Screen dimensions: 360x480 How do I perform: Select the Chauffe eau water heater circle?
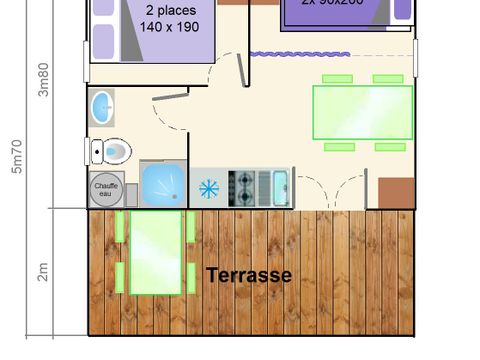pos(105,187)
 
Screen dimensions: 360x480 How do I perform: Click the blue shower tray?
pos(162,186)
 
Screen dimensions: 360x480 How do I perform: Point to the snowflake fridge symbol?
pos(209,187)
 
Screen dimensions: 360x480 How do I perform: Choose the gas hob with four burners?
pos(244,186)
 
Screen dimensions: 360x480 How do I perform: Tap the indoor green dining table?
pos(362,112)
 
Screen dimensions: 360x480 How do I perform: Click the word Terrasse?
pos(249,274)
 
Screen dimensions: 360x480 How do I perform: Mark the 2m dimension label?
pos(43,270)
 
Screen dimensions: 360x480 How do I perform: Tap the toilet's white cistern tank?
pos(96,151)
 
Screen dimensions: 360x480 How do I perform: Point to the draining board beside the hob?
pos(264,186)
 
